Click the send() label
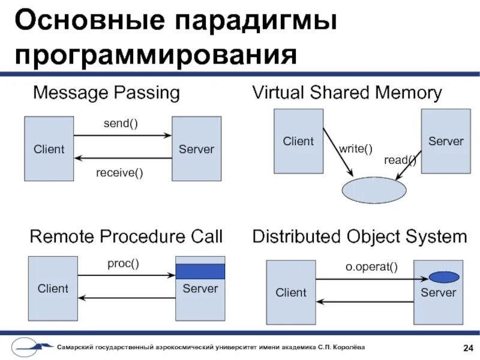[121, 124]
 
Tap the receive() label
[120, 174]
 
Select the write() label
[356, 149]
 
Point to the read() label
[400, 160]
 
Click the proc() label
[123, 264]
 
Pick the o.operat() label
[371, 266]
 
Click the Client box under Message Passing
[49, 149]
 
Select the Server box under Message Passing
[196, 149]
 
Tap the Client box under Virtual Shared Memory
[298, 141]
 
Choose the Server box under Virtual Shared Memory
[446, 141]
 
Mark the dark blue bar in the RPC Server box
[200, 272]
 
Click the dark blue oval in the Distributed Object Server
[444, 277]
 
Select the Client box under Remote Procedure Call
[53, 289]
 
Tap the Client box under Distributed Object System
[290, 293]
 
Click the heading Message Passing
[106, 93]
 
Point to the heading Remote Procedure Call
[126, 236]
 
